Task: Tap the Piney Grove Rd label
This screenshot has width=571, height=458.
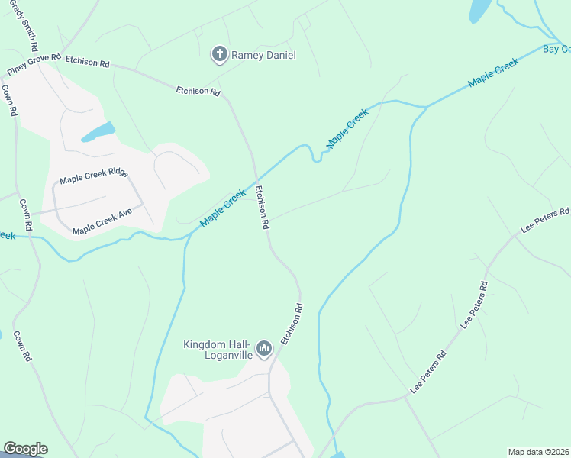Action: pyautogui.click(x=34, y=64)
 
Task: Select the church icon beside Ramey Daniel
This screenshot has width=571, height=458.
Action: pyautogui.click(x=219, y=53)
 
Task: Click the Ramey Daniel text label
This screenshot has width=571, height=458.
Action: pyautogui.click(x=263, y=55)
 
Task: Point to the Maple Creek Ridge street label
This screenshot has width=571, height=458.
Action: pyautogui.click(x=94, y=176)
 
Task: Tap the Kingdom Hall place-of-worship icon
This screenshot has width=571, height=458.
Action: pyautogui.click(x=264, y=349)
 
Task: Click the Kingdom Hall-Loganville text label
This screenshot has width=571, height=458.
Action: pyautogui.click(x=218, y=350)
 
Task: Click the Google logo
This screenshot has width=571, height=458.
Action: pyautogui.click(x=25, y=449)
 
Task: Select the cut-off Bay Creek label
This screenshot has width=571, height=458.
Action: pyautogui.click(x=556, y=49)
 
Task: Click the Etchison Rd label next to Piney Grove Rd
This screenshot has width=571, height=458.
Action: pyautogui.click(x=87, y=62)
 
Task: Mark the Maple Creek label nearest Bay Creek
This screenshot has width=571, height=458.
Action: pyautogui.click(x=493, y=72)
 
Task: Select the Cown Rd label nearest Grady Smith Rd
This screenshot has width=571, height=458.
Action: pyautogui.click(x=9, y=99)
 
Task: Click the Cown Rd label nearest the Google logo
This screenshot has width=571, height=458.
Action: pyautogui.click(x=21, y=346)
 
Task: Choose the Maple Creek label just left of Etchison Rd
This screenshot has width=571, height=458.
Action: pyautogui.click(x=223, y=208)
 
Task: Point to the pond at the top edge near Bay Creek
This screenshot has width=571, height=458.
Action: pyautogui.click(x=480, y=10)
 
